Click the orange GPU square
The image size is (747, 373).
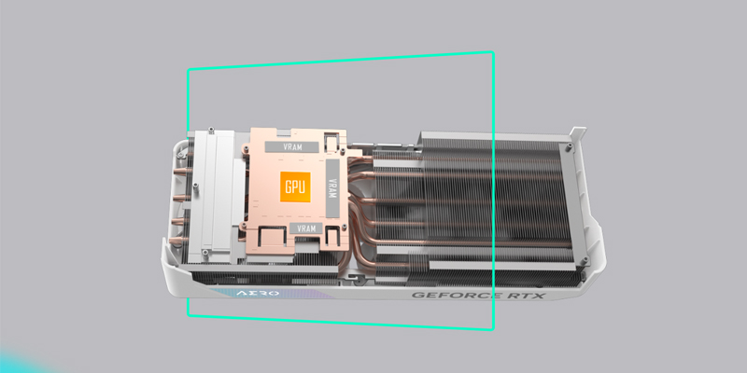pyautogui.click(x=295, y=186)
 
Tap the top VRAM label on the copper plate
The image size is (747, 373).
pyautogui.click(x=292, y=147)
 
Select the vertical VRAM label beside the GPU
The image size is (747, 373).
pyautogui.click(x=332, y=188)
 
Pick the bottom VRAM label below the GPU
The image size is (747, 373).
pyautogui.click(x=306, y=228)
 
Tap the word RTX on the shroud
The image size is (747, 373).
pyautogui.click(x=526, y=296)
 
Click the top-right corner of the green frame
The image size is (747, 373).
pyautogui.click(x=493, y=53)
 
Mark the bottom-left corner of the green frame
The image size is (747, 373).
pyautogui.click(x=189, y=314)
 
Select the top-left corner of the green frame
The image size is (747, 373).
pyautogui.click(x=189, y=71)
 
